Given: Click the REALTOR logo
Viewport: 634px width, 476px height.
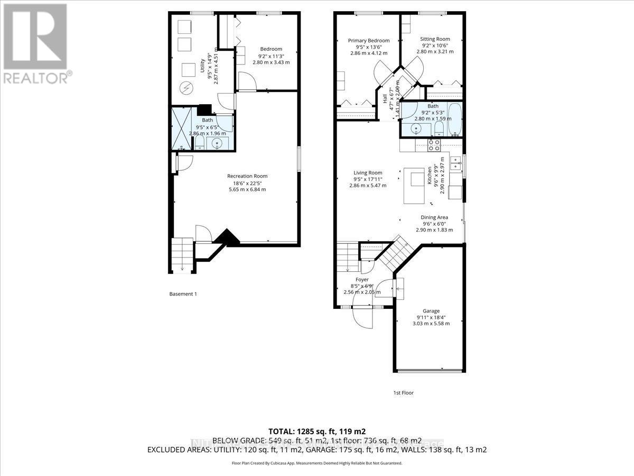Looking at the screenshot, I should [x=36, y=42].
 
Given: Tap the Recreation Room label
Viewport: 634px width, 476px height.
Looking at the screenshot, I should [x=247, y=176].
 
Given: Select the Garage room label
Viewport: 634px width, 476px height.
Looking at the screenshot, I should [x=431, y=311].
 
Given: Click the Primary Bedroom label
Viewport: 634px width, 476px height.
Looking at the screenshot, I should [x=368, y=41].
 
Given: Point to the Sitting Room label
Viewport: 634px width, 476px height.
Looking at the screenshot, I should [x=435, y=39].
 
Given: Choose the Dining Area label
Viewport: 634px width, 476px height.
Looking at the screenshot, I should [x=434, y=217].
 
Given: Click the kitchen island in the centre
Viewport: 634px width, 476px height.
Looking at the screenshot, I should [x=415, y=186].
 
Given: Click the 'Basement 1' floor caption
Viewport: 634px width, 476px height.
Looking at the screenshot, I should [x=183, y=294].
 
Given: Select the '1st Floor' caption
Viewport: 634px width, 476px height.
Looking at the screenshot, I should [x=404, y=392].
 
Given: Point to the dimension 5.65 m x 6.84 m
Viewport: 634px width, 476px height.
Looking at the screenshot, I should [x=247, y=189].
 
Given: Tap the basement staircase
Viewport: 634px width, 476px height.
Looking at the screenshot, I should [x=182, y=254].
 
